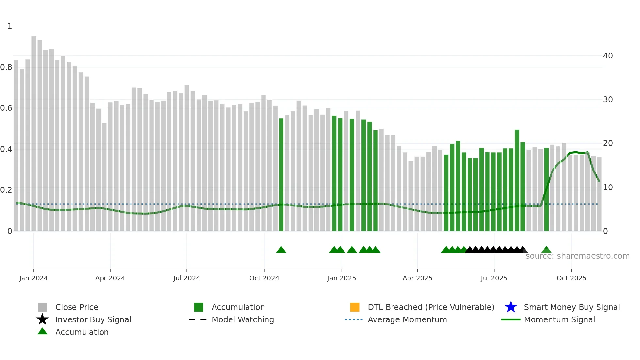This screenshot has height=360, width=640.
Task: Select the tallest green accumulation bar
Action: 517,180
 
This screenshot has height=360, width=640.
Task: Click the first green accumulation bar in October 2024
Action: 281,175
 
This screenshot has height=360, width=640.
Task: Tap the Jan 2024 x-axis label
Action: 33,278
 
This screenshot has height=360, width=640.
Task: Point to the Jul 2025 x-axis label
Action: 494,278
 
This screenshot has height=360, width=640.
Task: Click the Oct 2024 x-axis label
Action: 264,278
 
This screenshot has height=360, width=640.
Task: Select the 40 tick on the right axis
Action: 608,56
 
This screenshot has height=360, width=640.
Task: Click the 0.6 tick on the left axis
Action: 6,108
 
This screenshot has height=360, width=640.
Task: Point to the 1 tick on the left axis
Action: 10,26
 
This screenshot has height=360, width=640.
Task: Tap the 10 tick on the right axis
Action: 608,188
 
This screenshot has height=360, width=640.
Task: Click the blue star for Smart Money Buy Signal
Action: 511,307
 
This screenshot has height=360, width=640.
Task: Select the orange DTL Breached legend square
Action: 355,307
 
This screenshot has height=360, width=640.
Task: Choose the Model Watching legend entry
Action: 243,319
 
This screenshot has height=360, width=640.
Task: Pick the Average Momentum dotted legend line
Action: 354,319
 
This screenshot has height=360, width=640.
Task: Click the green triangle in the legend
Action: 42,332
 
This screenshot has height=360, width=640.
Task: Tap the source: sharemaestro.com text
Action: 577,256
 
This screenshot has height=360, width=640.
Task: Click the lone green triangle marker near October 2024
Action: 281,250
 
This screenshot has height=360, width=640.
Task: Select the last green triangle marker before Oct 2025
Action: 546,250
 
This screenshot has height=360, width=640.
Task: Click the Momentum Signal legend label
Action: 559,319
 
